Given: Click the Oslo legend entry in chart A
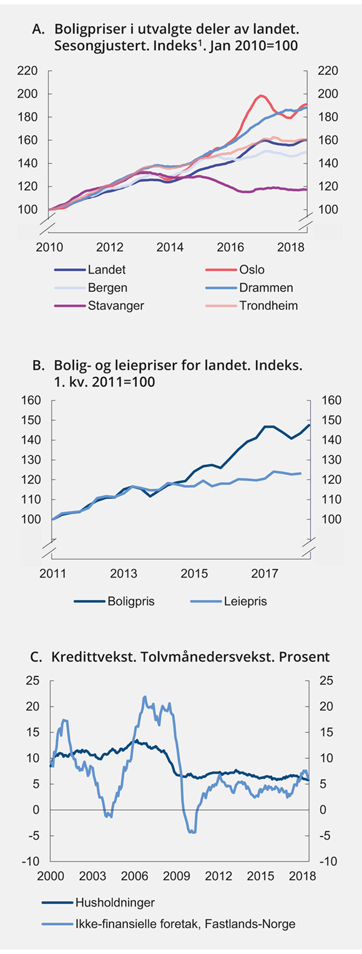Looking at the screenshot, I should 252,270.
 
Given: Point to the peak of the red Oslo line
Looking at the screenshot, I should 261,96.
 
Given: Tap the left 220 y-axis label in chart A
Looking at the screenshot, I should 27,71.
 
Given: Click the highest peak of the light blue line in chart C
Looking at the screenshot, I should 145,697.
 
